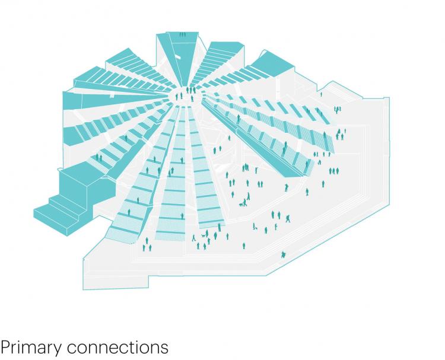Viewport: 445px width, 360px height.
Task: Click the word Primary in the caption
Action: pos(31,348)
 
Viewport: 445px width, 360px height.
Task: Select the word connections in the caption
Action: pos(117,347)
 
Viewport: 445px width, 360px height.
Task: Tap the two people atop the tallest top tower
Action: pos(183,34)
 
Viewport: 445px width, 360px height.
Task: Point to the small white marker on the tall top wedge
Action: pos(177,56)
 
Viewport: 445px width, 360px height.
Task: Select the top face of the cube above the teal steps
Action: pos(79,173)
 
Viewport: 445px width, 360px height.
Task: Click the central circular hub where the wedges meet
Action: pos(185,97)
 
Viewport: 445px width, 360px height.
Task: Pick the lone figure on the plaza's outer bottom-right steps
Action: pos(283,255)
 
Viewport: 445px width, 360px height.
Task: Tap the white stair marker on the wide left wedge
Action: pos(112,96)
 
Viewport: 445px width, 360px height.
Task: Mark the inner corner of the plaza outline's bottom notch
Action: pos(148,276)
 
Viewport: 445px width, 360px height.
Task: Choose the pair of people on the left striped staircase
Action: pos(98,157)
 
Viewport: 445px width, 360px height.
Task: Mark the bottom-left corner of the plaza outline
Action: pos(83,289)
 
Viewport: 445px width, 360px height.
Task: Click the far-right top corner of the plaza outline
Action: pos(389,98)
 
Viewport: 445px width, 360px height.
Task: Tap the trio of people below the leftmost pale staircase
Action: pos(147,245)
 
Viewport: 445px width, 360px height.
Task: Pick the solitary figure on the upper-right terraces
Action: pos(321,94)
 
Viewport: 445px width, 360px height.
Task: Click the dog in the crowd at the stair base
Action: pos(203,235)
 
